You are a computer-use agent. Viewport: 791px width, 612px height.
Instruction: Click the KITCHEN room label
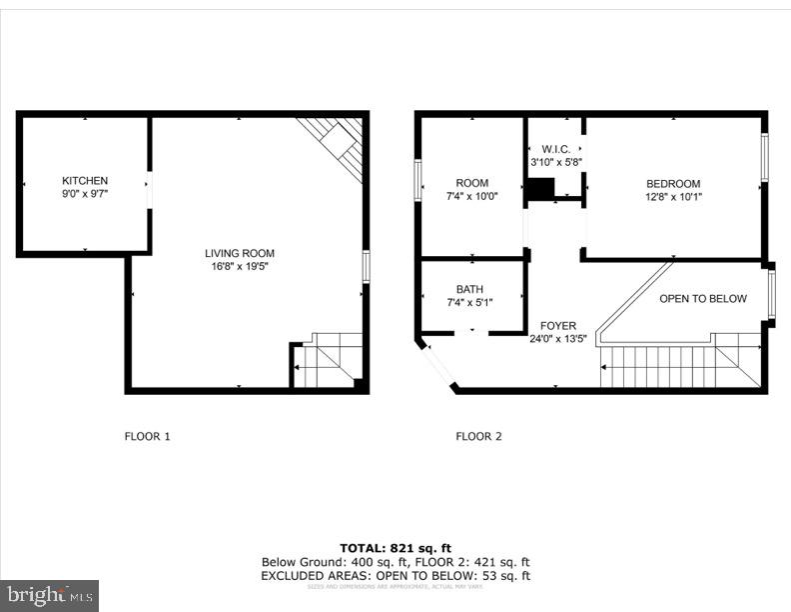85,181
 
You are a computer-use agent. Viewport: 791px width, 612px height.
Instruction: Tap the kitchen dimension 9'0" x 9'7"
85,194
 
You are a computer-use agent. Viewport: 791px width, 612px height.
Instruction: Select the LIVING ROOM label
240,254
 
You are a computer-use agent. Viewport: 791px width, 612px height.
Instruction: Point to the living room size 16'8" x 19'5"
240,267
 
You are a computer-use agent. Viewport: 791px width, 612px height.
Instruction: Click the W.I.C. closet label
554,149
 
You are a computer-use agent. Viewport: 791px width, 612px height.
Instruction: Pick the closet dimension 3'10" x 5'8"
554,162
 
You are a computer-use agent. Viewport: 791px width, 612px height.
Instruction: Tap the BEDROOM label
673,184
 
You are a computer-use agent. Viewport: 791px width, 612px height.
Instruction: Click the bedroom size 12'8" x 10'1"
673,197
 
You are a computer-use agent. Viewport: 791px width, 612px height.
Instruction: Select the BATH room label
469,289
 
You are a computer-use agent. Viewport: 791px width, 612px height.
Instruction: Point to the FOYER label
557,326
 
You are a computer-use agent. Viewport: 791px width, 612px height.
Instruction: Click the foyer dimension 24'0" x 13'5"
557,339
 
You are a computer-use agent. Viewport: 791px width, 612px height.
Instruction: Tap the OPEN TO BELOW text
702,299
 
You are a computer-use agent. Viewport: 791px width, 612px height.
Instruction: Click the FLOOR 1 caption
148,436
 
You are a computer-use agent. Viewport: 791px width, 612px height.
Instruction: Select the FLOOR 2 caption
479,436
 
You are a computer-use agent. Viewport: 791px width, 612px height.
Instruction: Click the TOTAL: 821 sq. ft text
395,548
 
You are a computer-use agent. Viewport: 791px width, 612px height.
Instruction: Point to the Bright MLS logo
49,596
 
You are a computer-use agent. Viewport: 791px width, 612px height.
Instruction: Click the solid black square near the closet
540,189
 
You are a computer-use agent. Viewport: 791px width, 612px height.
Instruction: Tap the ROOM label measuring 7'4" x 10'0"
472,183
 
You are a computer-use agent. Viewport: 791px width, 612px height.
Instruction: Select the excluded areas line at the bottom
395,576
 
